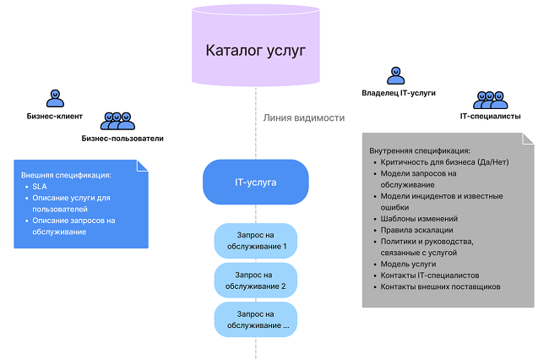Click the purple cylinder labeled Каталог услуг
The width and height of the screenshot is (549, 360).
click(255, 48)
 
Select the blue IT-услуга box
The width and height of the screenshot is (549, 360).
click(255, 182)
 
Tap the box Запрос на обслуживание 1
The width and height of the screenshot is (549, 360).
click(256, 242)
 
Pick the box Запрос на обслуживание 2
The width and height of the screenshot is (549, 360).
click(256, 281)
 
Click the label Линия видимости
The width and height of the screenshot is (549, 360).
click(304, 117)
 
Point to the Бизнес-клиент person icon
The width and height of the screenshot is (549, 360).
click(54, 97)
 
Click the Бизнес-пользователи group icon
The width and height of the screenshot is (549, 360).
click(118, 122)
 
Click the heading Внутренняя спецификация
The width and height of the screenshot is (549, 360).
click(420, 150)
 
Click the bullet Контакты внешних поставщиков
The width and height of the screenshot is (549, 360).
click(441, 286)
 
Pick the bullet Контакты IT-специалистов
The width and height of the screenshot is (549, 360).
click(430, 275)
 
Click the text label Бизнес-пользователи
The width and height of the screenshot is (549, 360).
click(122, 139)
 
